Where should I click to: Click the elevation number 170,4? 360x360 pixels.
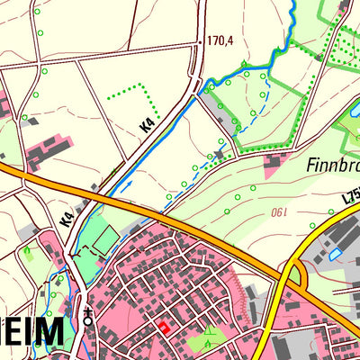pos(220,40)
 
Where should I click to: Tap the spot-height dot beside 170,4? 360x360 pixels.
pos(200,41)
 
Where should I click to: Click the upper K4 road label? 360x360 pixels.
pos(149,121)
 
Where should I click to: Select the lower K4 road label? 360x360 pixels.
pos(67,216)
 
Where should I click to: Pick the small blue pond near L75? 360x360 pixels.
pos(336,255)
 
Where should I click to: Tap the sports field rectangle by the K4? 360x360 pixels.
pos(105,239)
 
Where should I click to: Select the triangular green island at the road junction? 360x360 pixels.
pos(294,274)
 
